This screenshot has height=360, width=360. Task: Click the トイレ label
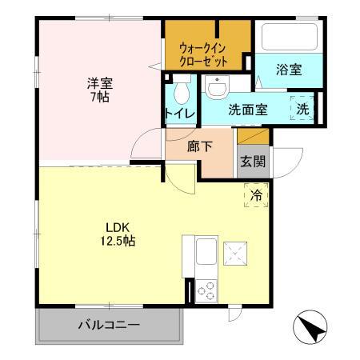pos(178,113)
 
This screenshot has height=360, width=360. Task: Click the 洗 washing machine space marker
pos(305,108)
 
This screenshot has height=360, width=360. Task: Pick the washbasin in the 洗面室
pos(215,86)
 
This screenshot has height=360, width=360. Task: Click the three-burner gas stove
pos(205,289)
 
